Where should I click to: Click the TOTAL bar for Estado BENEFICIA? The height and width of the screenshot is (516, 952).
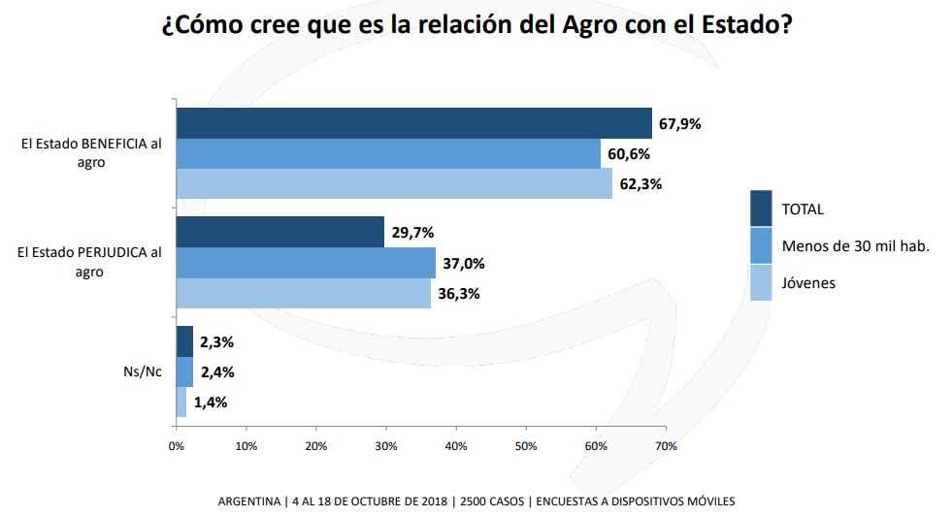tap(413, 123)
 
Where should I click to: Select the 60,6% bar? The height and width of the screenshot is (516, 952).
tap(388, 154)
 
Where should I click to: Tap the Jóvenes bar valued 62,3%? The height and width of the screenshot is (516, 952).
tap(394, 183)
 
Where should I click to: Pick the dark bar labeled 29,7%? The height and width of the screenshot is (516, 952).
tap(280, 232)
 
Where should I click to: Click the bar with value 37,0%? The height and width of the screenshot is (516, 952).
tap(306, 263)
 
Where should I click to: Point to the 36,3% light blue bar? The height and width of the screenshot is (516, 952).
tap(303, 293)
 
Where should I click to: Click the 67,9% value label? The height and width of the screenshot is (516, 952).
tap(679, 124)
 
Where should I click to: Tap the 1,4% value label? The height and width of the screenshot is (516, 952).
tap(210, 403)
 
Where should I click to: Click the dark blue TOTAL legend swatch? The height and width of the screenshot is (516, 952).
tap(761, 208)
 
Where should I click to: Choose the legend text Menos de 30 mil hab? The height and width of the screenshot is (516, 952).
tap(856, 245)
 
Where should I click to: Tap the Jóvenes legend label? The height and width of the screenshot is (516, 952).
tap(808, 282)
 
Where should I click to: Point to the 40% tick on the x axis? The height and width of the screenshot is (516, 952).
tap(456, 446)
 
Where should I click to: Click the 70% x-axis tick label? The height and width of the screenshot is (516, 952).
tap(666, 446)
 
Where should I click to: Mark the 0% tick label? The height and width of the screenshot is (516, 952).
tap(177, 446)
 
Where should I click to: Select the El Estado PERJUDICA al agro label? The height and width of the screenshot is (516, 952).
tap(89, 262)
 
